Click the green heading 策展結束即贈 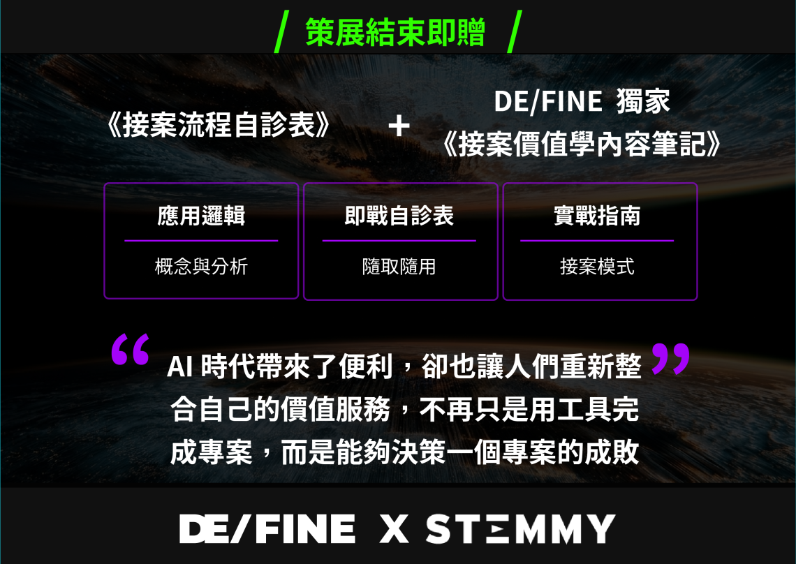395,32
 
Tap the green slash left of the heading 281,31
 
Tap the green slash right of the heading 514,31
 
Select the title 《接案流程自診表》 219,124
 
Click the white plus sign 399,126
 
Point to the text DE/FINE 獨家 582,101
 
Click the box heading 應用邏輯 201,216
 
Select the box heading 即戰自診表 399,216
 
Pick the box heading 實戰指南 597,216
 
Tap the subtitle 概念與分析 201,267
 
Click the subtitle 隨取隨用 399,267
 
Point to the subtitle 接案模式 597,267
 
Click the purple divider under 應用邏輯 201,241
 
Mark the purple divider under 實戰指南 597,241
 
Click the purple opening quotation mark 130,349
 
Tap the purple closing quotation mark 670,358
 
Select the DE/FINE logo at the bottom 267,529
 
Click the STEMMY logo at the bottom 520,529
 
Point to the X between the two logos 394,529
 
